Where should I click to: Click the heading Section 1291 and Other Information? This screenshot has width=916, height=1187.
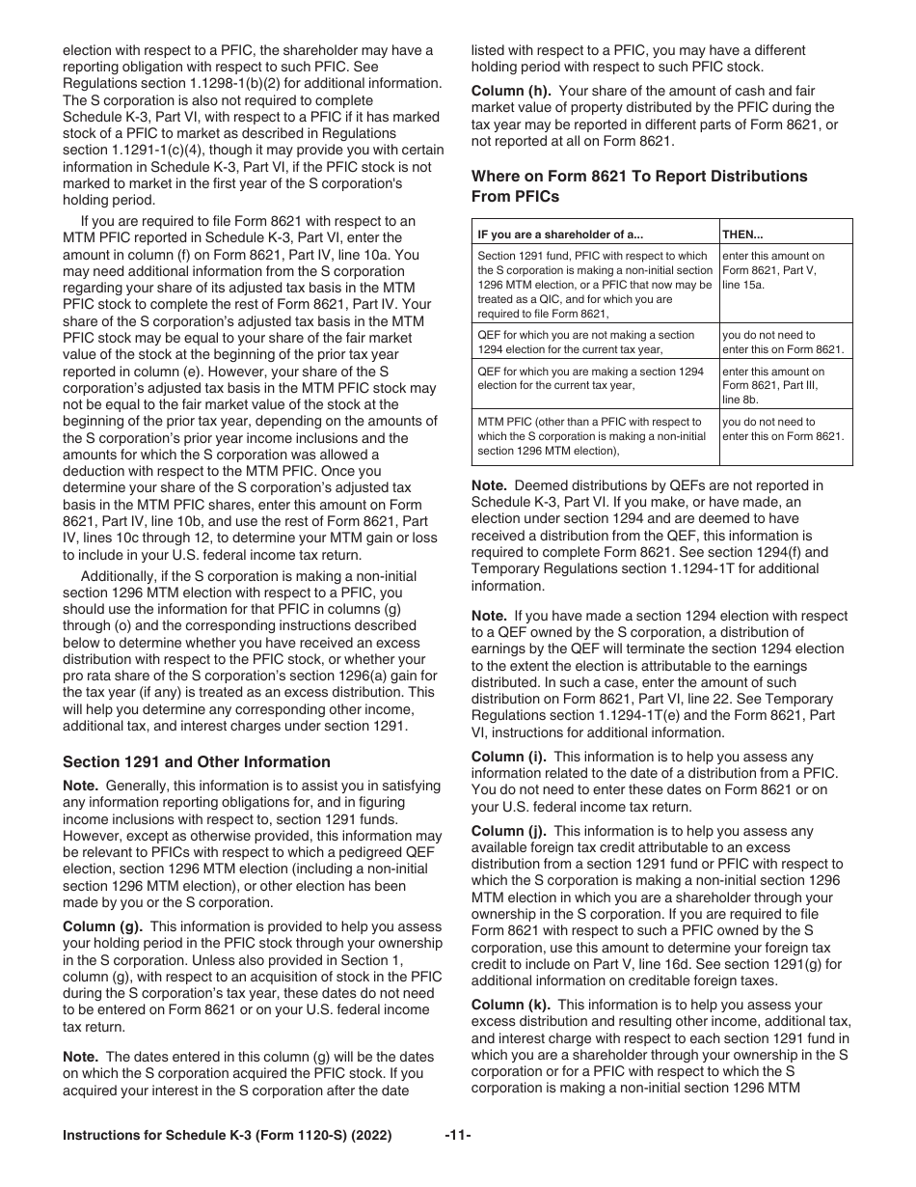[196, 761]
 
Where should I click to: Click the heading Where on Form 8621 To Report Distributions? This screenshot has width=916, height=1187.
[638, 177]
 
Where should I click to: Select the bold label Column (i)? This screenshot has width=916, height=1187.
[508, 757]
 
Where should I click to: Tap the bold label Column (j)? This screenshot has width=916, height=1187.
[508, 831]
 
